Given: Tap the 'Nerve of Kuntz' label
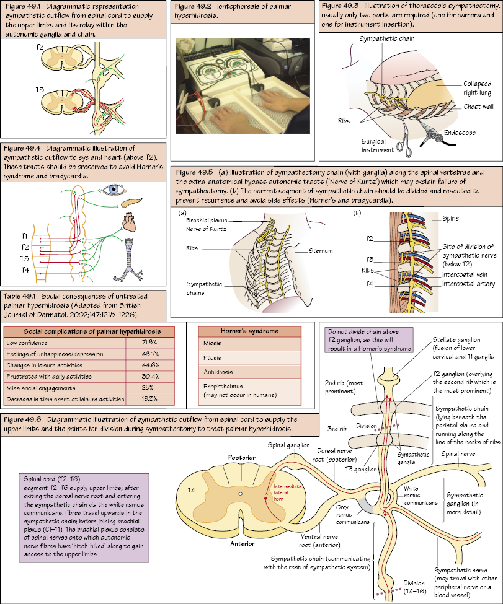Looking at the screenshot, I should (207, 229).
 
